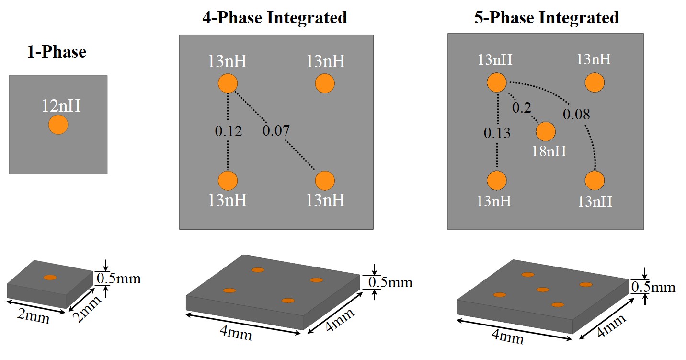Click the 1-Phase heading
pos(57,51)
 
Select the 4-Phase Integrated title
pos(274,18)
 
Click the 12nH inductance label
pos(61,105)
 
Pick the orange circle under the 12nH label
pos(58,125)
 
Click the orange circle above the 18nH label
pos(546,131)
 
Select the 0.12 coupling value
pos(228,131)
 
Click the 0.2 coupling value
pos(521,108)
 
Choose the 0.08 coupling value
pos(576,114)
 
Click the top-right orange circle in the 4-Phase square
pos(325,83)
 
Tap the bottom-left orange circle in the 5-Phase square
pos(497,181)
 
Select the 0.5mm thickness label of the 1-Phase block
pos(118,278)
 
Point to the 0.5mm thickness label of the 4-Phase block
pos(389,282)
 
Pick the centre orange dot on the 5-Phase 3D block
pos(542,290)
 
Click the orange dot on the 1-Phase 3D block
pos(50,277)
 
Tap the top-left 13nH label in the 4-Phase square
pos(227,61)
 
